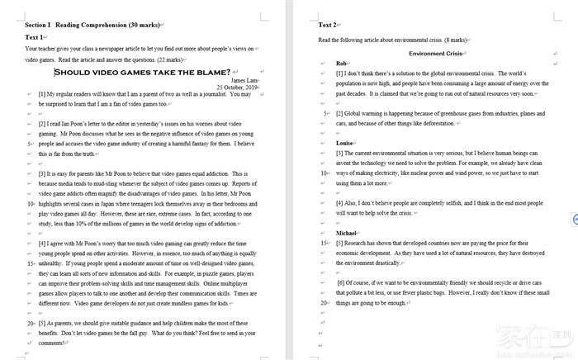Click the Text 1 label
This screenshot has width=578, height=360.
[34, 38]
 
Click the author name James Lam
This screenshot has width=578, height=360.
[244, 80]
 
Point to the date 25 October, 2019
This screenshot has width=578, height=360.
[238, 87]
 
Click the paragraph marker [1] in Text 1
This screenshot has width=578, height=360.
[42, 94]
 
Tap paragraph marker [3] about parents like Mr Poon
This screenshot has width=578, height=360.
[42, 174]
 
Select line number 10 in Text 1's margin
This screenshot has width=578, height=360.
[31, 202]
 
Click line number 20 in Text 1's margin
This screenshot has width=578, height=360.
[31, 323]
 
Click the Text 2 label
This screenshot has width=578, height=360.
[328, 26]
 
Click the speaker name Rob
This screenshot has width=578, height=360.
[341, 64]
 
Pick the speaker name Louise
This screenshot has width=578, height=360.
[345, 143]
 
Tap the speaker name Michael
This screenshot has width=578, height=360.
[346, 233]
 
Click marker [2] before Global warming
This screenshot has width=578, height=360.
[339, 113]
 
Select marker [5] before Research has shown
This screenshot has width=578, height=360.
[339, 244]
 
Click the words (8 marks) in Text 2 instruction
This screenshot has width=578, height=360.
[455, 40]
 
